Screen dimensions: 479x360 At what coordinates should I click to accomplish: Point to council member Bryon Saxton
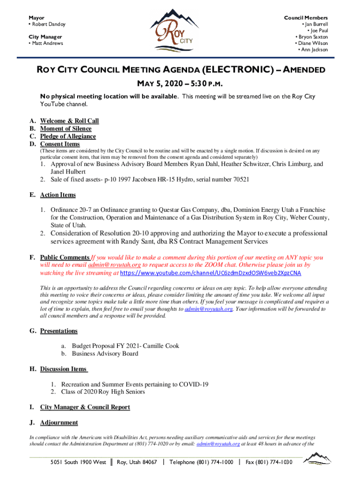(x=313, y=37)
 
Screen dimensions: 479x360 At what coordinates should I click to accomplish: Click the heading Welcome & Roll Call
(x=69, y=121)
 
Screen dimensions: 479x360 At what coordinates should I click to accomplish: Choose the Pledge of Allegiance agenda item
(x=68, y=137)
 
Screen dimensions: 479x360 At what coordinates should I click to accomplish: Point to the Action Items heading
(x=58, y=195)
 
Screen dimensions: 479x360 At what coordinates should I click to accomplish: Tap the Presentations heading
(x=58, y=331)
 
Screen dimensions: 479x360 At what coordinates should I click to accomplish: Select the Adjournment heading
(x=59, y=423)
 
